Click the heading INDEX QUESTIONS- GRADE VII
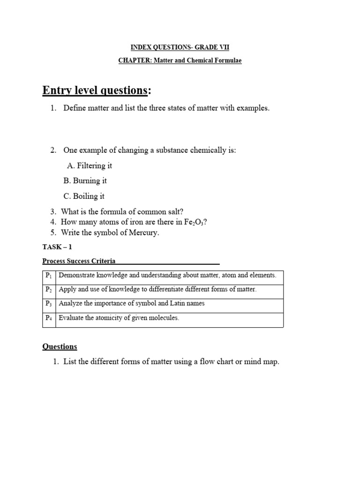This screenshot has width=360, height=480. point(180,47)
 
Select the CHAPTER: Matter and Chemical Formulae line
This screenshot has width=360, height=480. point(180,61)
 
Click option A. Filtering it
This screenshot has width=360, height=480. point(90,165)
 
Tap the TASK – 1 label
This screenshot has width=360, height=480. point(57,247)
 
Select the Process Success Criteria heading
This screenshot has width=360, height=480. point(79,261)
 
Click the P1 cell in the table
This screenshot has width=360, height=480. point(49,276)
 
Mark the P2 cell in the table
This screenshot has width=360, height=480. point(49,290)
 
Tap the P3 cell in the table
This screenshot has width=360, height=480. point(49,304)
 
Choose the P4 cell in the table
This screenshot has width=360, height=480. point(49,318)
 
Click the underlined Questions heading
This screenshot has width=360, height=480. point(60,346)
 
